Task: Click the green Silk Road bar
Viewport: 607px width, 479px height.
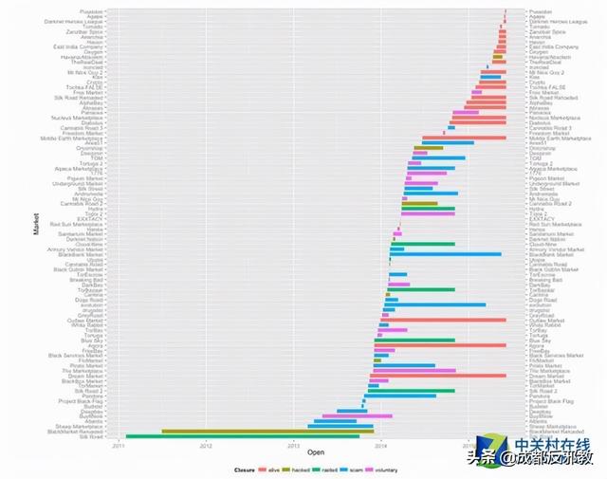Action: point(242,436)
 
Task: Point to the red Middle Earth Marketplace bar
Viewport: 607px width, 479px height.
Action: point(464,138)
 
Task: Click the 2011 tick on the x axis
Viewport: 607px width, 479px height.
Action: point(117,444)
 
